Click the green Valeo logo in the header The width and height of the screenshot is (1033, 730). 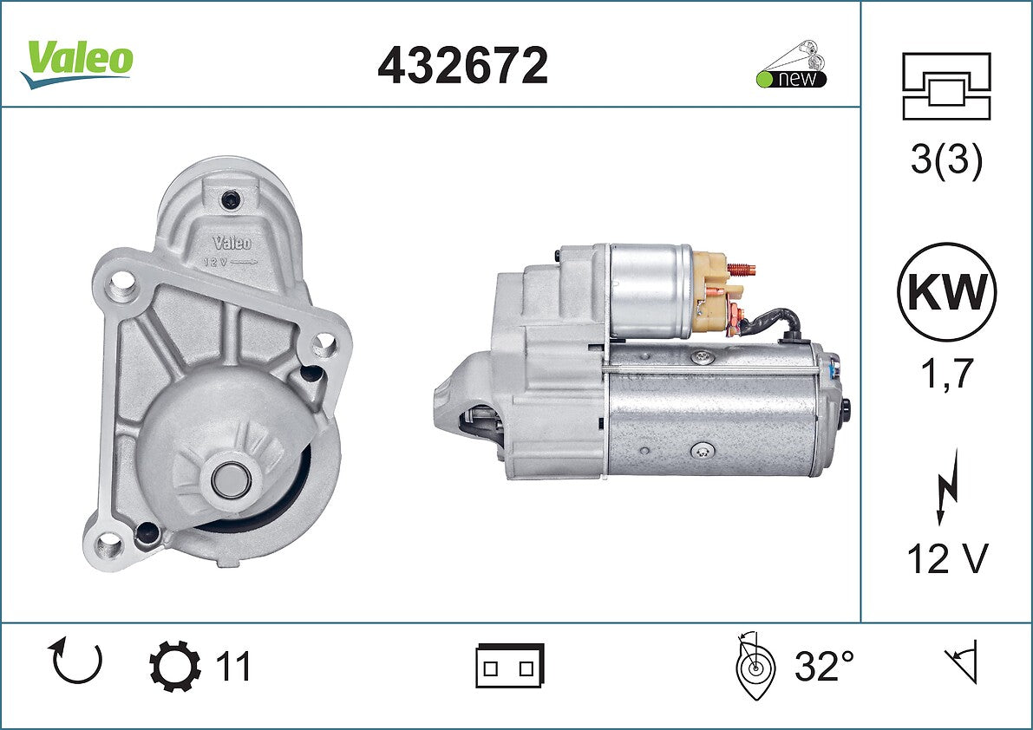77,63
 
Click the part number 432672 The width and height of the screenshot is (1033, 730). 462,65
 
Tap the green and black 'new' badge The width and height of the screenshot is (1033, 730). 791,66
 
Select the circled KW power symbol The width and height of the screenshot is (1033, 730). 946,291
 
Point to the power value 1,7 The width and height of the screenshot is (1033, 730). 946,373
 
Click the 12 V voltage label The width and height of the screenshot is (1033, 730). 947,559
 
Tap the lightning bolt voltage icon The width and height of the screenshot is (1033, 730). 946,486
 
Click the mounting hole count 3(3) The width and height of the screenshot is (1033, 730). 946,159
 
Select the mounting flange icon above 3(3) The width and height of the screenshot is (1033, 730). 946,86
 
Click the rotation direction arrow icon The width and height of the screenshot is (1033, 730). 75,661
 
